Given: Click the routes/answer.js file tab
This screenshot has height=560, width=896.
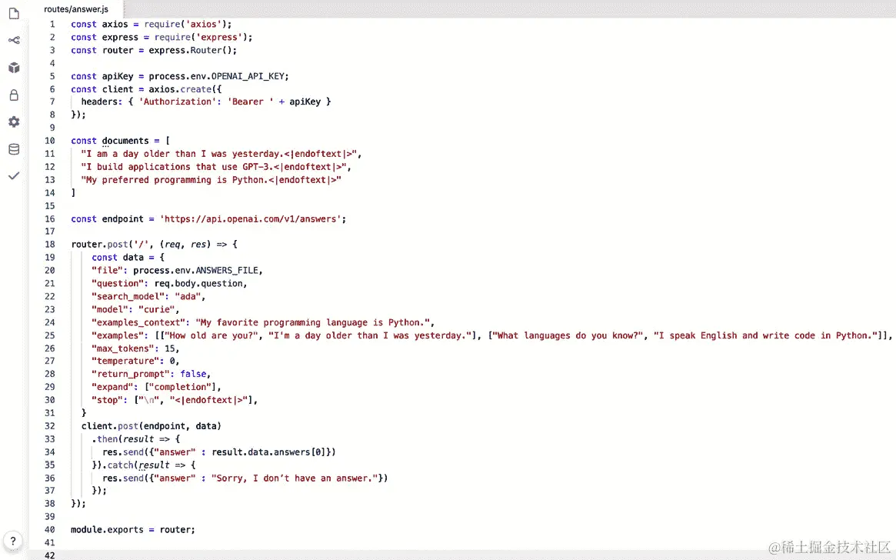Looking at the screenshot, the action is point(75,8).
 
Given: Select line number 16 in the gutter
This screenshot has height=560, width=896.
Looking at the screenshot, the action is point(50,218).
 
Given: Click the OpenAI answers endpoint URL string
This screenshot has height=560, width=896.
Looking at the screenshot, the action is point(252,218).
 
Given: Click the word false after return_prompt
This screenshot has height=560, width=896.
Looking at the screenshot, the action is point(193,374).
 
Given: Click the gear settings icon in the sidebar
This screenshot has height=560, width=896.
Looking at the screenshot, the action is point(14,122).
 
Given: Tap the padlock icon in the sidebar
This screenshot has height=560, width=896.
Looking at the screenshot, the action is point(14,95).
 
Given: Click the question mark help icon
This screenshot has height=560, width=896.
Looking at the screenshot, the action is point(13,541).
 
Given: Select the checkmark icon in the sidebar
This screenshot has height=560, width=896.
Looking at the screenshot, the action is point(14,176).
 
